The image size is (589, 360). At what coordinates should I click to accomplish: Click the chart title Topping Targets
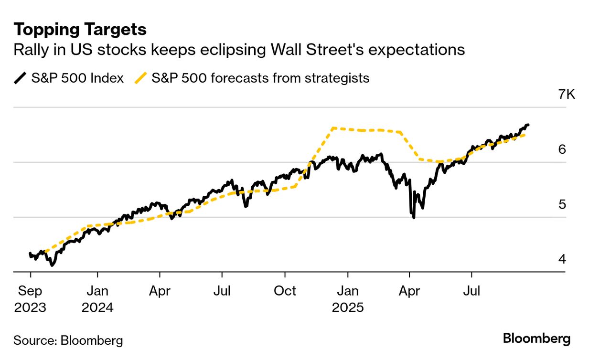[80, 30]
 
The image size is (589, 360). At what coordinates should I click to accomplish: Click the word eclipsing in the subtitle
[253, 50]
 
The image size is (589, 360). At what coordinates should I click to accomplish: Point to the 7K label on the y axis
[567, 95]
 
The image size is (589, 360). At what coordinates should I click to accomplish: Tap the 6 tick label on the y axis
[562, 149]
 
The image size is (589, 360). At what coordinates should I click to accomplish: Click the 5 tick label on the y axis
[562, 204]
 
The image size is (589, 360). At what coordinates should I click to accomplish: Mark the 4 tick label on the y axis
[562, 259]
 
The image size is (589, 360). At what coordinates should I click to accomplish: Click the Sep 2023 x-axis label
[30, 298]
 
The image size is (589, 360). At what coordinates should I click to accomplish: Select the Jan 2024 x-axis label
[97, 298]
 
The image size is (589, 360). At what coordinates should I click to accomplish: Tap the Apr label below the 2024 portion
[160, 291]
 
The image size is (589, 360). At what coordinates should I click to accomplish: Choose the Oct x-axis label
[285, 291]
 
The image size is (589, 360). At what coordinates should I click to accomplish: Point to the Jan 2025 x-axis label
[348, 298]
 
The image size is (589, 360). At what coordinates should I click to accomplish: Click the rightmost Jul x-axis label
[472, 291]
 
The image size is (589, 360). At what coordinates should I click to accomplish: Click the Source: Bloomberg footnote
[68, 340]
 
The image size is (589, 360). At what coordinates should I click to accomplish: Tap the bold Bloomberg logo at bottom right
[536, 339]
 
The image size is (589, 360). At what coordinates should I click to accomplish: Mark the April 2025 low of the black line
[413, 218]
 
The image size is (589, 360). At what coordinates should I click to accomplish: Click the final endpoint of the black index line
[528, 125]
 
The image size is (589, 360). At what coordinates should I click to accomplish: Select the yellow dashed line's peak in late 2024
[333, 128]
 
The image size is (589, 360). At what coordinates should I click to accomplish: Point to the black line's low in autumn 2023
[52, 265]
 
